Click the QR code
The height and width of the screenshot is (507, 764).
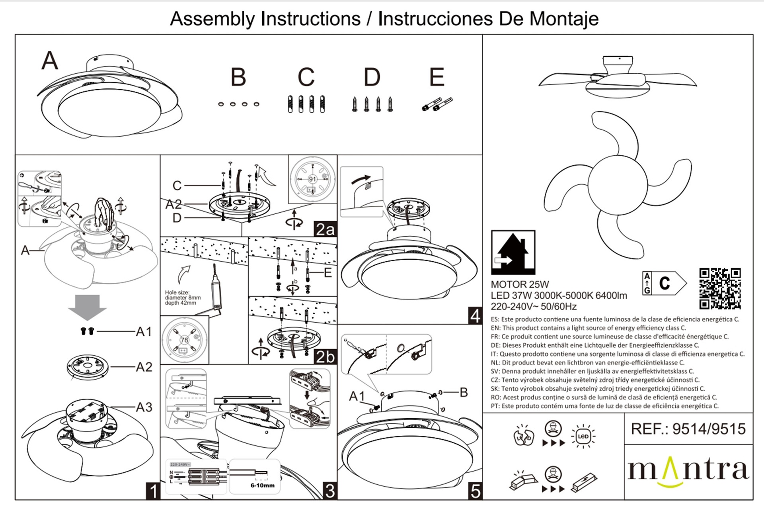click(x=720, y=289)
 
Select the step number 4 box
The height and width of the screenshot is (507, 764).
click(x=475, y=316)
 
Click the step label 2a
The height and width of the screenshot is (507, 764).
click(x=325, y=229)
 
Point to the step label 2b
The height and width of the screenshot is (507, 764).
click(x=325, y=357)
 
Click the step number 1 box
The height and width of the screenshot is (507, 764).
click(x=153, y=491)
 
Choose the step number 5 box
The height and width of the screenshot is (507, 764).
click(x=475, y=491)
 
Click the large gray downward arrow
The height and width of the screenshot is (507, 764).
click(x=87, y=307)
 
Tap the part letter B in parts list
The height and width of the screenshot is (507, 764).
click(x=238, y=77)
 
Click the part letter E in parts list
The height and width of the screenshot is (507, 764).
click(x=437, y=77)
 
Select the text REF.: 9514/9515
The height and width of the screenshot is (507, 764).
click(x=688, y=429)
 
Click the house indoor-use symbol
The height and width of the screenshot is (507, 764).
click(x=513, y=253)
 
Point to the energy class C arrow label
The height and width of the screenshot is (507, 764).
click(x=665, y=283)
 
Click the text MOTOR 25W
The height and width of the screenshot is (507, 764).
click(x=520, y=284)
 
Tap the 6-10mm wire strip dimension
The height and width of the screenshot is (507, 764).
click(x=262, y=485)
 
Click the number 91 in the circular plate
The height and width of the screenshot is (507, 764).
click(x=312, y=179)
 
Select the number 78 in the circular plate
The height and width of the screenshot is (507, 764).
click(x=184, y=340)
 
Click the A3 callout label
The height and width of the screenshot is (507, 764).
click(x=144, y=407)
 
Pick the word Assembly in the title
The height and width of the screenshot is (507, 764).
click(x=212, y=19)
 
